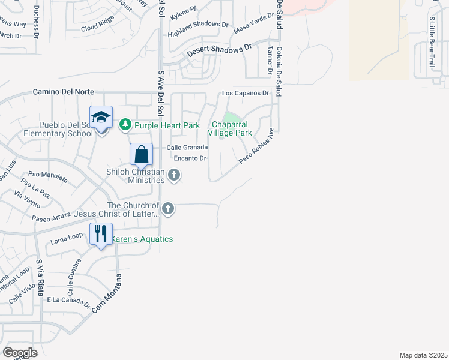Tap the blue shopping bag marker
point(141,155)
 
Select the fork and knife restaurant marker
point(101,233)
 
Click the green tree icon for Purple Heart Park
point(125,125)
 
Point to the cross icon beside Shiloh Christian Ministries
point(174,175)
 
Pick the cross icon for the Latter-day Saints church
point(168,209)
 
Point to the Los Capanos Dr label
point(246,94)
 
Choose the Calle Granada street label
point(187,148)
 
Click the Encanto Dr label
point(190,158)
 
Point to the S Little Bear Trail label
point(431,41)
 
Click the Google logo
point(20,352)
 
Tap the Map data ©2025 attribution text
point(423,355)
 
